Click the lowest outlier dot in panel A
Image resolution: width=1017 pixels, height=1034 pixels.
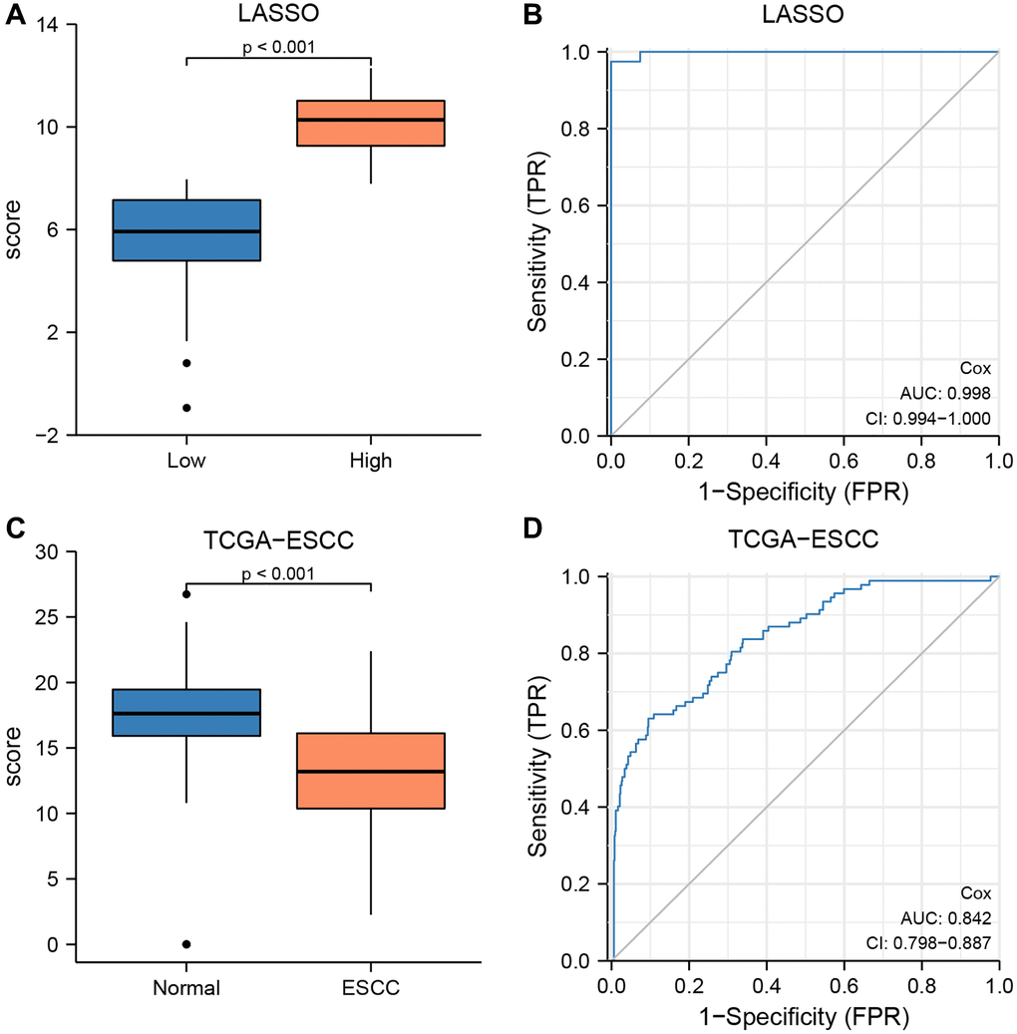click(186, 407)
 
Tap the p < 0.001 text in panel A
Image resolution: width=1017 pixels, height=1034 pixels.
click(277, 45)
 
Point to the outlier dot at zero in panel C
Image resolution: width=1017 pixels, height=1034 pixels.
click(186, 943)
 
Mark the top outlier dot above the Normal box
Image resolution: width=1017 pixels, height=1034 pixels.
click(186, 594)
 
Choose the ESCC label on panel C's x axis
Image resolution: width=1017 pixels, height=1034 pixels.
click(370, 988)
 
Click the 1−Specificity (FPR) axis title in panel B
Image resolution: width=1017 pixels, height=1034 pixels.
click(804, 492)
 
